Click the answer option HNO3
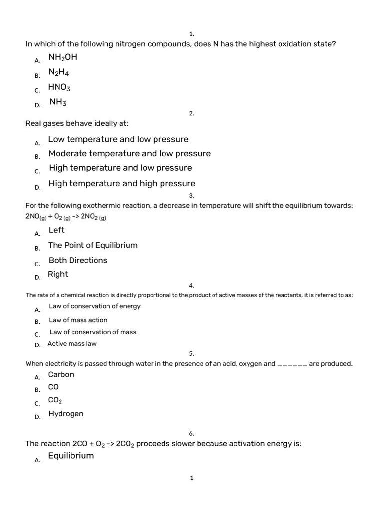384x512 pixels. tap(59, 87)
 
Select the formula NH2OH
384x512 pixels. tap(62, 57)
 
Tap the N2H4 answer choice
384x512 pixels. tap(58, 72)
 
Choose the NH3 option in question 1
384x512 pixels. tap(58, 102)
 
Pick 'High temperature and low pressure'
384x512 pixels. tap(120, 168)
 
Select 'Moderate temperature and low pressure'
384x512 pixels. tap(129, 153)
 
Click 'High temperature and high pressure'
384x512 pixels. tap(122, 183)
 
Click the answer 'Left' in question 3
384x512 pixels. tap(56, 230)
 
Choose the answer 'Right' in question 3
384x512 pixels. tap(58, 274)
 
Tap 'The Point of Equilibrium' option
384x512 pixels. tap(93, 245)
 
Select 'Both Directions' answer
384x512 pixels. tap(78, 260)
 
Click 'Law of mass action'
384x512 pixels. tap(78, 320)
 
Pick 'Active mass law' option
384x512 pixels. tap(72, 344)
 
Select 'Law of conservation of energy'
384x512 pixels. tap(95, 306)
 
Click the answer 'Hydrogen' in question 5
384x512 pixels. tap(66, 414)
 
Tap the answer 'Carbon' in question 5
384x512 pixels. tap(61, 375)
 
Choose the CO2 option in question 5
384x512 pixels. tap(55, 400)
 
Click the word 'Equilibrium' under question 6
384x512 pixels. tap(71, 456)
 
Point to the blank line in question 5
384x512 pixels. tap(292, 364)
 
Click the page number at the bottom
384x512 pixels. tap(192, 478)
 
